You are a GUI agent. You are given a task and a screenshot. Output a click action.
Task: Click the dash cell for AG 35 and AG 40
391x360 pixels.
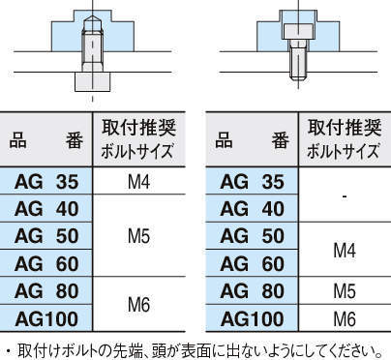(x=345, y=195)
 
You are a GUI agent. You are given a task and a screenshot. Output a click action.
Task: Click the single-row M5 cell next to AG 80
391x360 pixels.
(x=345, y=290)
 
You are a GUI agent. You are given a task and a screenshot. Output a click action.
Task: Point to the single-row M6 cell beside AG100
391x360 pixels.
(x=345, y=317)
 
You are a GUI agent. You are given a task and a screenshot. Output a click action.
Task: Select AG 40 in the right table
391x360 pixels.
(x=253, y=208)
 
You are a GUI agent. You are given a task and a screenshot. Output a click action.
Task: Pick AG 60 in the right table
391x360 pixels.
(x=253, y=262)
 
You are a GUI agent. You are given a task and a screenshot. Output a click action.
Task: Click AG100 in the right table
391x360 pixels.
(x=253, y=317)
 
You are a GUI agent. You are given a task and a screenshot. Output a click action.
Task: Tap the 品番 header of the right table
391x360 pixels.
(x=253, y=139)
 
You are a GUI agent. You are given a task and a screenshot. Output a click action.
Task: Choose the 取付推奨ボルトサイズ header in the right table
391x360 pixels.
(x=345, y=139)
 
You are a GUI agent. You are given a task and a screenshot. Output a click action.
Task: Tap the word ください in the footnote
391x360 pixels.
(x=352, y=347)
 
